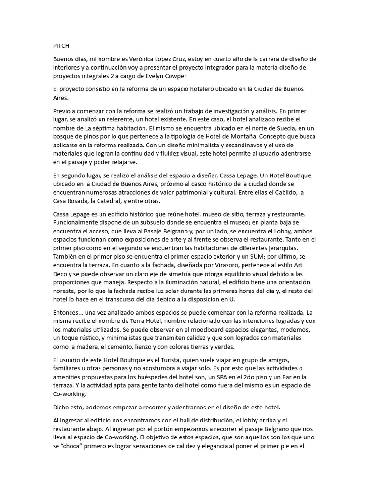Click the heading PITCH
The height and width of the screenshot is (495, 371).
[x=61, y=46]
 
